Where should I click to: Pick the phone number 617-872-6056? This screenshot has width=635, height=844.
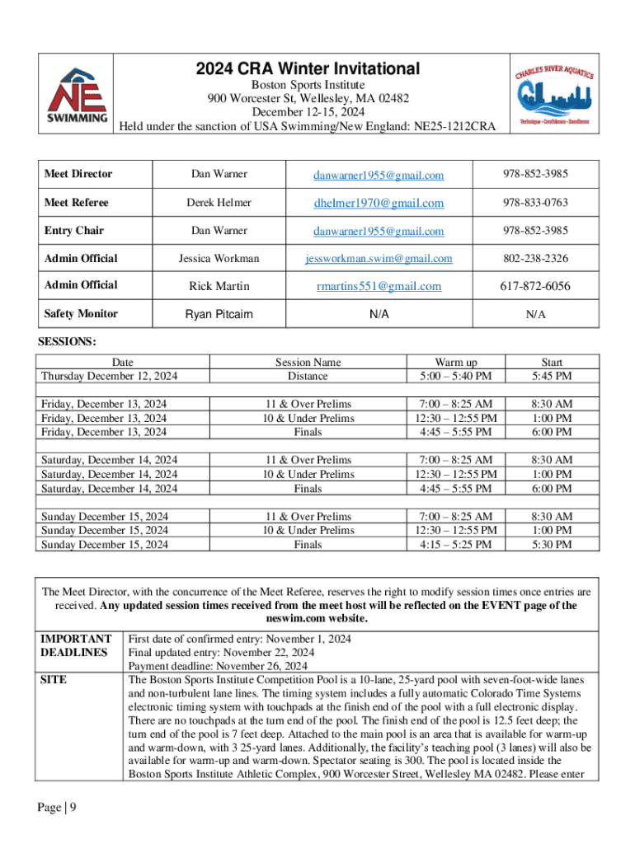point(534,286)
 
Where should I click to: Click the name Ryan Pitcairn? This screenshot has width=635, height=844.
point(219,314)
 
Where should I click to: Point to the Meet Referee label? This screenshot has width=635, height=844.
point(76,202)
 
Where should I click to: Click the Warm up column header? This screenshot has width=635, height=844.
point(456,362)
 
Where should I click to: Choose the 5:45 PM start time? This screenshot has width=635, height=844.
point(552,376)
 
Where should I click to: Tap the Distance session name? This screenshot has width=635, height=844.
point(308,376)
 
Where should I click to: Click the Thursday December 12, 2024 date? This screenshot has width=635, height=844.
point(110,376)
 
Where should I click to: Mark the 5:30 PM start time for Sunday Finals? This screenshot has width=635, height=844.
point(552,545)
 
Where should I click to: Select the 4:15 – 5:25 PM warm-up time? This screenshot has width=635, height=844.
point(456,545)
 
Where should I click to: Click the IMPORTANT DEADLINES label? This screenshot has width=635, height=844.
point(76,645)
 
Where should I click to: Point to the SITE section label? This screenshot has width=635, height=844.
point(54,681)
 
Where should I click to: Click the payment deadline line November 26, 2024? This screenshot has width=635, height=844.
point(219,666)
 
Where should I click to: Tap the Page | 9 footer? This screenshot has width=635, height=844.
point(57,808)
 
